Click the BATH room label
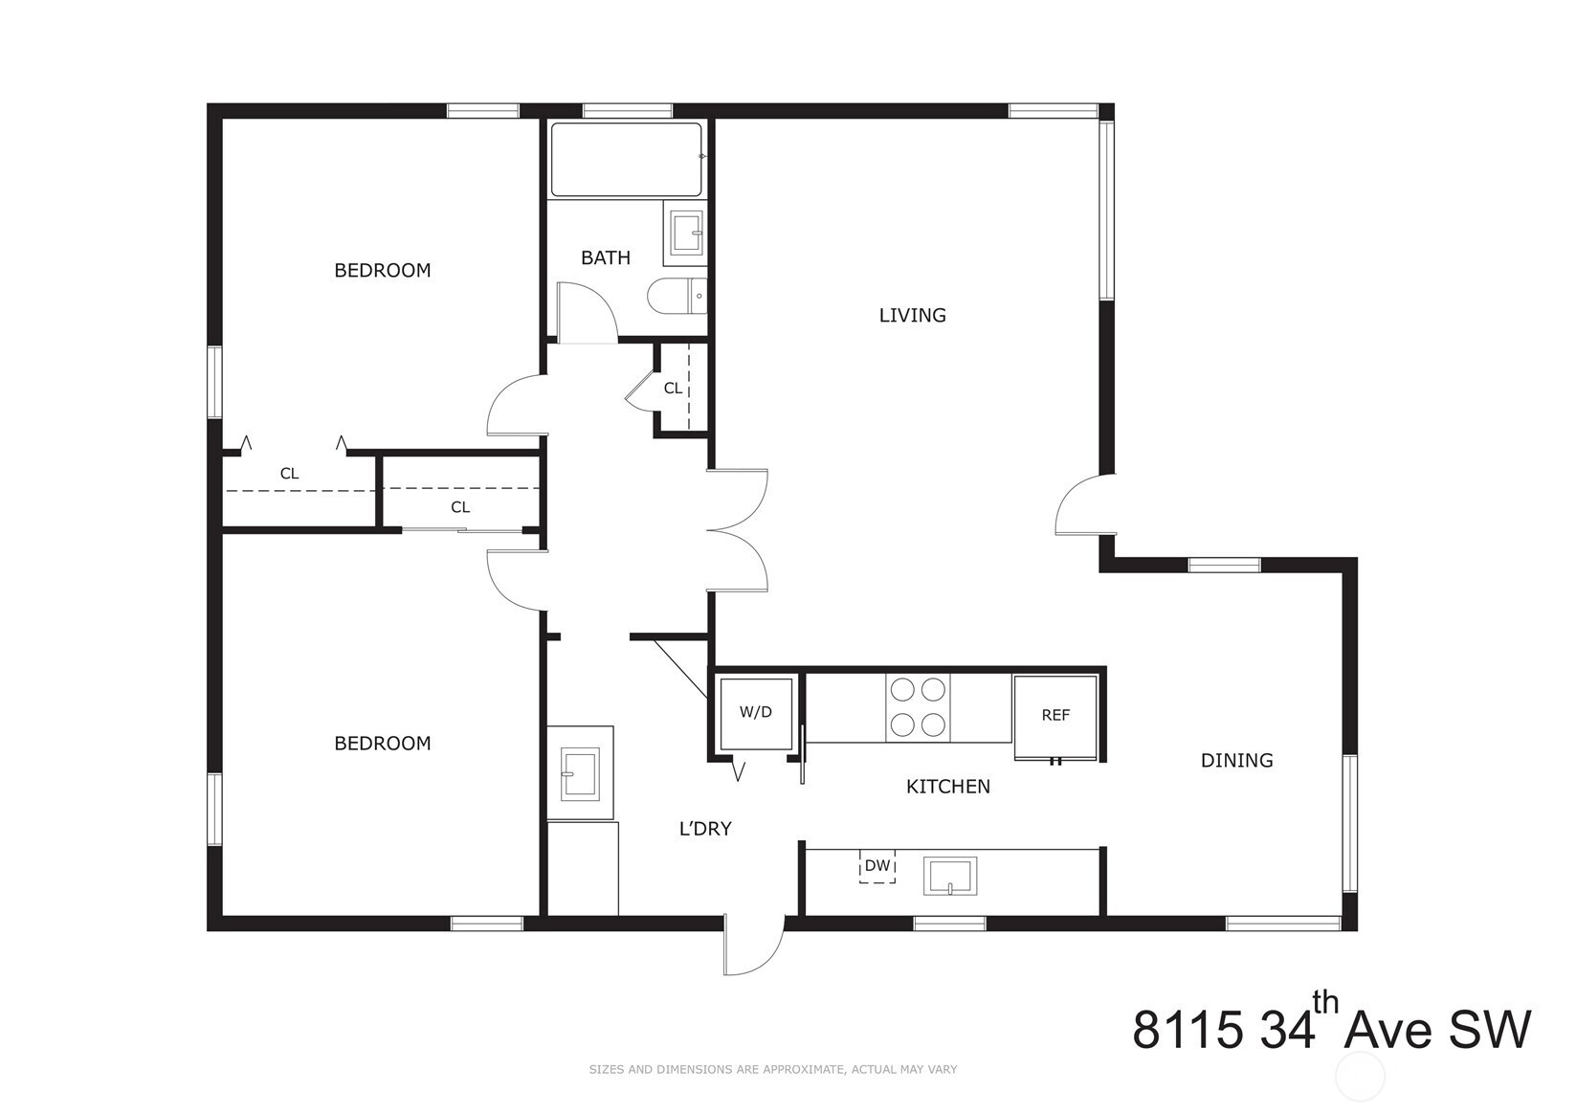(x=605, y=258)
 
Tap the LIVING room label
(x=912, y=315)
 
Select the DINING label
(x=1236, y=760)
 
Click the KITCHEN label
(x=947, y=786)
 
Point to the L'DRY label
(x=705, y=829)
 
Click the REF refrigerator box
(x=1055, y=717)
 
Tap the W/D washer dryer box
(x=756, y=714)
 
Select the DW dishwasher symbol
(x=877, y=866)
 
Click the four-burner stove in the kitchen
(x=918, y=707)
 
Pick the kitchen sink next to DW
(x=950, y=876)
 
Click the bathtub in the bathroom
(x=626, y=160)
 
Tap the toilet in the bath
(x=677, y=298)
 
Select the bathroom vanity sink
(x=684, y=234)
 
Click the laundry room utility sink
(x=580, y=773)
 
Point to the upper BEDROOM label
(x=382, y=270)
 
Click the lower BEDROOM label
(x=382, y=743)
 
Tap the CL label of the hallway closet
(x=673, y=388)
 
